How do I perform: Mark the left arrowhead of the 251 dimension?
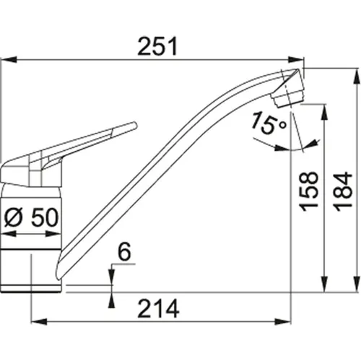(x=6, y=61)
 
